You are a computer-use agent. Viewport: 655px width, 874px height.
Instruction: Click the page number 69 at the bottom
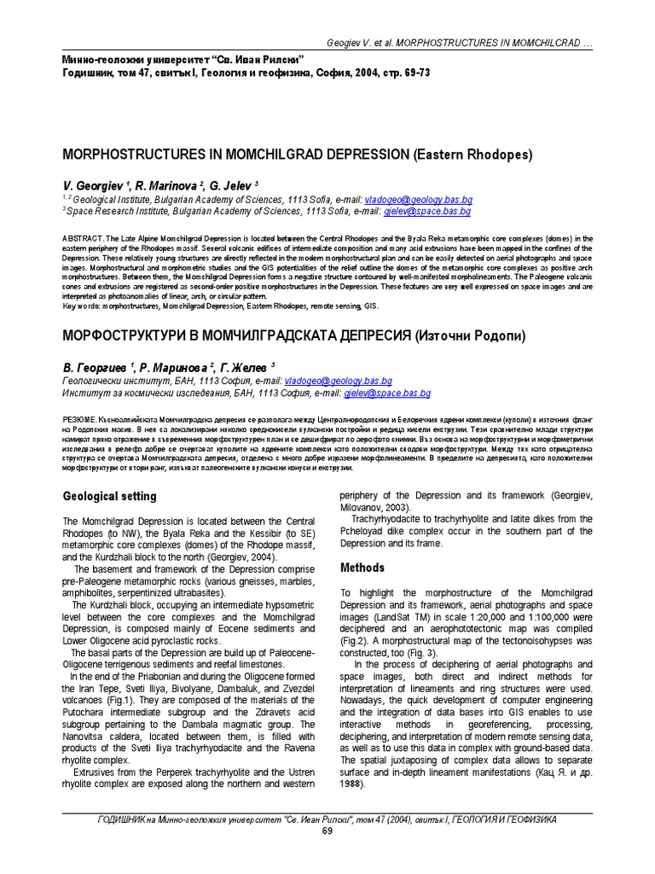point(327,832)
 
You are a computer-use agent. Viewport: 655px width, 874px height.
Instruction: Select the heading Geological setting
point(111,496)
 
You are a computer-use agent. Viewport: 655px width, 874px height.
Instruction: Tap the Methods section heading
point(362,568)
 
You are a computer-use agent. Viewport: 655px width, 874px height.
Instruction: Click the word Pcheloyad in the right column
point(369,531)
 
